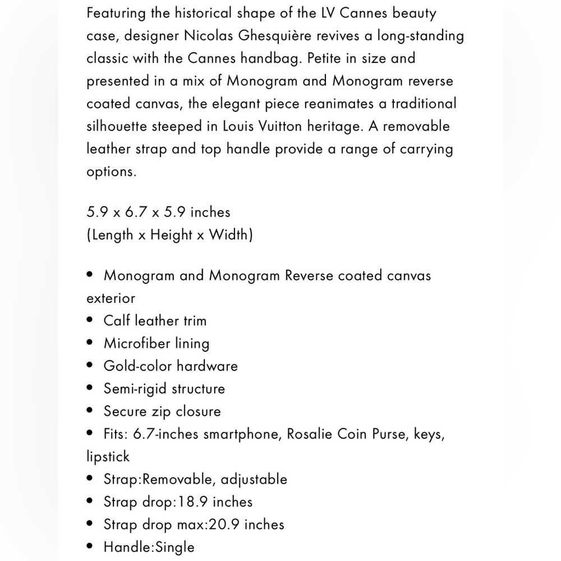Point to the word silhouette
coord(117,126)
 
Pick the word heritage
coord(335,126)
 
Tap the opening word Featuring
coord(119,13)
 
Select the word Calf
coord(117,321)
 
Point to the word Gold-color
coord(135,366)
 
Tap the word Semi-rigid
coord(135,389)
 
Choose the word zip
coord(160,411)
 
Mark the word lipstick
coord(108,457)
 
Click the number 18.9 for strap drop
coord(194,502)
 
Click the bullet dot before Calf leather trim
coord(90,321)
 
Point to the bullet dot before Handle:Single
coord(90,547)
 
